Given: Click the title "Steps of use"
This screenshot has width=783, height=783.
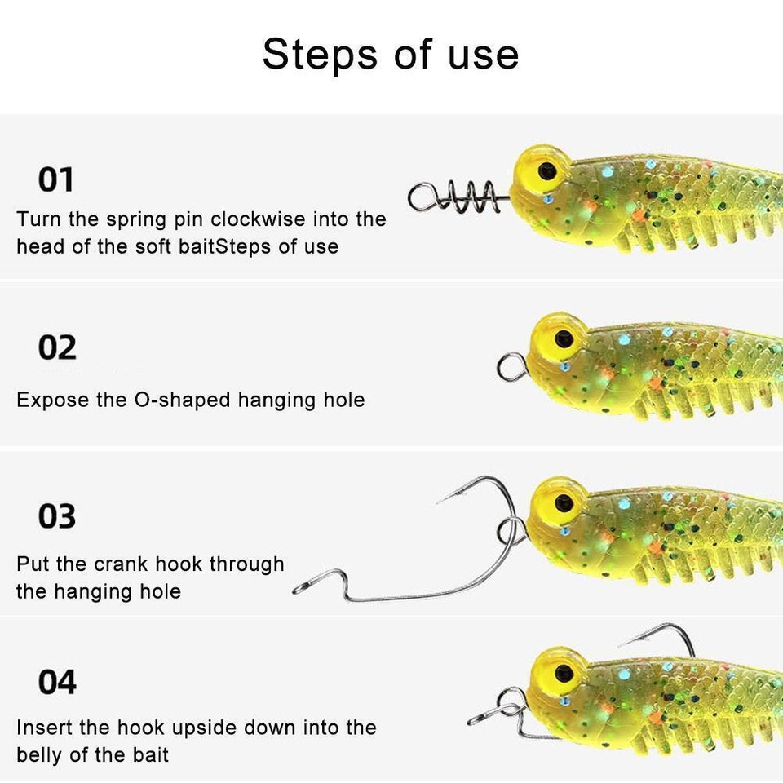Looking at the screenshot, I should [x=390, y=55].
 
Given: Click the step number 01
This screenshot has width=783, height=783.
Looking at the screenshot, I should [x=55, y=179].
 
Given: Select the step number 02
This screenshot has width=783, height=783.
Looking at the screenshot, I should [x=57, y=348].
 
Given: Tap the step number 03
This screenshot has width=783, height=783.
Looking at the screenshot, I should [x=57, y=516].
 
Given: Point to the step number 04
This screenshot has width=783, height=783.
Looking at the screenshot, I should [x=57, y=682].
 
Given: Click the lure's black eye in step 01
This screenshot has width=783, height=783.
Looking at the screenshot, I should [x=546, y=171].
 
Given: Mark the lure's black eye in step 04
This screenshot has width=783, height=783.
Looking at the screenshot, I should [x=563, y=673].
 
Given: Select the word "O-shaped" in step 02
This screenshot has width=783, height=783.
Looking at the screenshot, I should [x=182, y=400].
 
